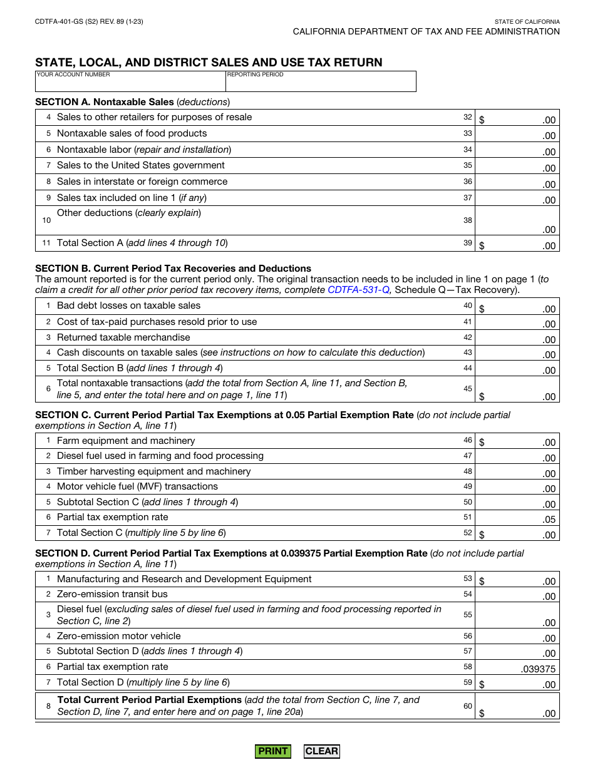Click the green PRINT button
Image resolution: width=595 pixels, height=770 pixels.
pos(272,751)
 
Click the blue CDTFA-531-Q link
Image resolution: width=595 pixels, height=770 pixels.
pos(358,290)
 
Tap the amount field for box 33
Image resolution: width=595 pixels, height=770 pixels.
pos(517,134)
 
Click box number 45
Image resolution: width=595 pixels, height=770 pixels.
pos(468,389)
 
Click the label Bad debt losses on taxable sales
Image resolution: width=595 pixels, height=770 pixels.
pos(128,305)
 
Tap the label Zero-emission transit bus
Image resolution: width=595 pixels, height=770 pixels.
pos(112,594)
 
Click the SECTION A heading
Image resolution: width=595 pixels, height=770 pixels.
pos(104,102)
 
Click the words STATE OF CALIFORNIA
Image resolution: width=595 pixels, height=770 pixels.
pos(527,22)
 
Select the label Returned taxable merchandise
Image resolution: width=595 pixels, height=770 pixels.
pos(123,337)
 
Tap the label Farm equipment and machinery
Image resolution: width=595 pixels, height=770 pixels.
pos(126,441)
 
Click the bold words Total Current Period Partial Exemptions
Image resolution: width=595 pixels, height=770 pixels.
pos(149,700)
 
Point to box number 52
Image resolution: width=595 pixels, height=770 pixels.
pos(468,533)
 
